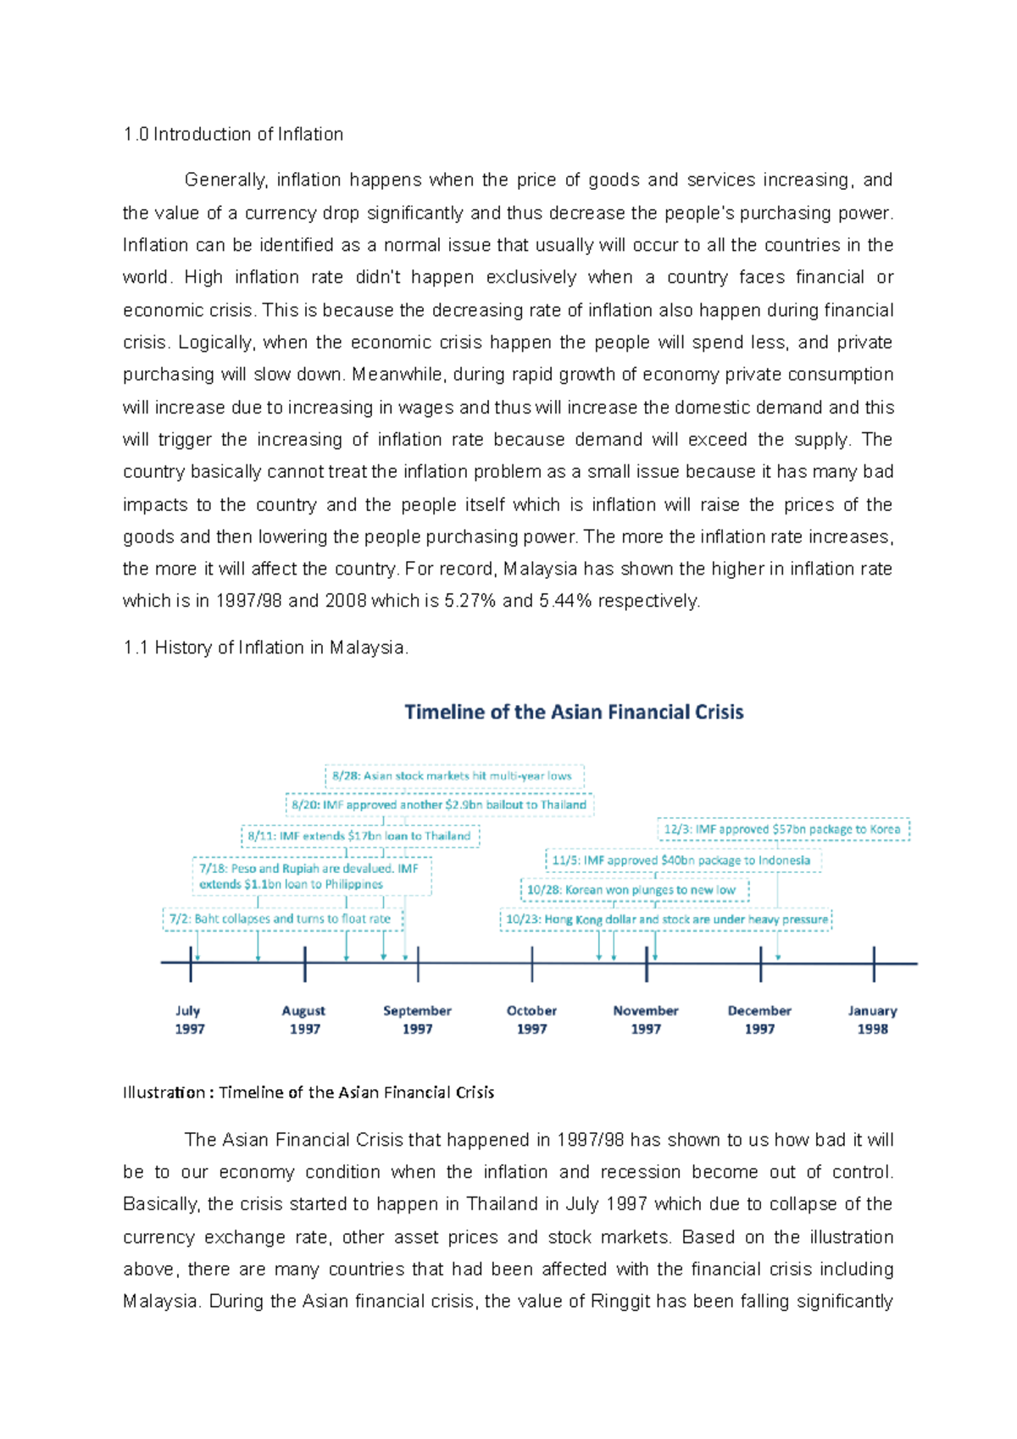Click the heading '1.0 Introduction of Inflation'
pos(233,134)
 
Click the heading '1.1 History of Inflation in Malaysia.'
pos(265,647)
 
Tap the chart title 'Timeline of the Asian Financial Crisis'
pos(574,712)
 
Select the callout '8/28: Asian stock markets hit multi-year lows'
pos(453,775)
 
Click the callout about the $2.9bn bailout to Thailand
pos(439,804)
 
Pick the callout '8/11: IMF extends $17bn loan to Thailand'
pos(359,836)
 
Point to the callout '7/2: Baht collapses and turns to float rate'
pos(281,919)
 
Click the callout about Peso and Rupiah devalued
pos(310,876)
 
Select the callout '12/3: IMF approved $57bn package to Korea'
pos(782,829)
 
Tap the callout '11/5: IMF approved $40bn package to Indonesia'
pos(681,860)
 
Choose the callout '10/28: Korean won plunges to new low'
pos(632,890)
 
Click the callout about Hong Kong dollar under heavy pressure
pos(666,920)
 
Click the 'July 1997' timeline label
pos(190,1020)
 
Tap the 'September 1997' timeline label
pos(417,1020)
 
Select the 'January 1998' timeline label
pos(872,1020)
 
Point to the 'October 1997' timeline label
pos(531,1020)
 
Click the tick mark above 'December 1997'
pos(760,964)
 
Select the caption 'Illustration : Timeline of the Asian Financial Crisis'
pos(308,1092)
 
